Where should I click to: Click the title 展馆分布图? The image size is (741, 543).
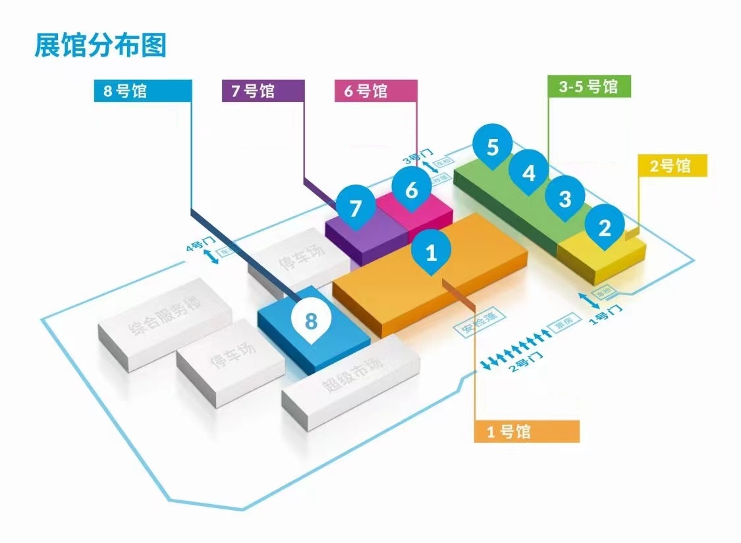coord(101,45)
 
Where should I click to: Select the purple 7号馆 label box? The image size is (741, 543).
coord(263,91)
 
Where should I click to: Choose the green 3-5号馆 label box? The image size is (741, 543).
coord(590,86)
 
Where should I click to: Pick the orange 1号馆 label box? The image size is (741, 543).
coord(526,432)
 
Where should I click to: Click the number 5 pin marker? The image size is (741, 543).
coord(493,147)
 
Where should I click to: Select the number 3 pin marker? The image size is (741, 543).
coord(565,198)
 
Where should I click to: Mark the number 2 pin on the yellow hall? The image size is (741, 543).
coord(604,227)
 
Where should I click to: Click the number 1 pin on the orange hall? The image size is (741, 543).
coord(431,251)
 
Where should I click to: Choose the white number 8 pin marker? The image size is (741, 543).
coord(311,321)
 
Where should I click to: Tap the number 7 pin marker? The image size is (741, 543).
coord(356,208)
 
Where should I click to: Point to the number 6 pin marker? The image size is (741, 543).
coord(412,190)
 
